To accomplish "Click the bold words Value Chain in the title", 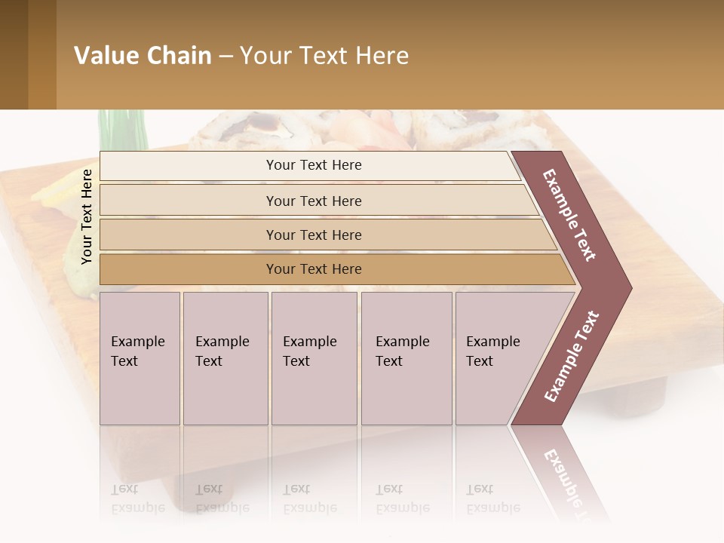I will [x=143, y=56].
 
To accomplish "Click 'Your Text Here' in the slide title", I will [x=324, y=56].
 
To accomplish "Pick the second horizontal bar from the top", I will [x=314, y=201].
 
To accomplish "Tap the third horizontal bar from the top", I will [x=314, y=235].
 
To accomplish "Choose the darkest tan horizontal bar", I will [x=314, y=269].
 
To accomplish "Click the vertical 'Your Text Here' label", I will [x=87, y=216].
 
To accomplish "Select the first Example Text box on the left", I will [x=140, y=358].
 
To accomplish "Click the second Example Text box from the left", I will [x=225, y=358].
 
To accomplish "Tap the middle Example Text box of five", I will [x=314, y=358].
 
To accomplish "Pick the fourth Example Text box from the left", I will [x=406, y=358].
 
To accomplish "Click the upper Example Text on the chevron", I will [x=569, y=215].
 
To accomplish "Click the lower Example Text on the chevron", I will [x=572, y=356].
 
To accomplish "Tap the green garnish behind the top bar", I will [x=121, y=130].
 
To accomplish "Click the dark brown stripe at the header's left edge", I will [x=14, y=54].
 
